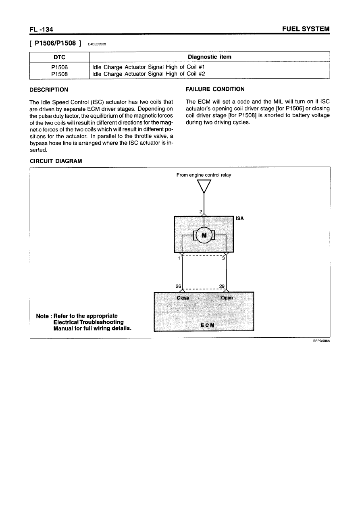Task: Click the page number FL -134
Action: coord(42,29)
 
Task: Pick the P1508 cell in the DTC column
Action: coord(59,74)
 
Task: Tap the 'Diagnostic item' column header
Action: coord(209,57)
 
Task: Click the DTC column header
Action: coord(59,57)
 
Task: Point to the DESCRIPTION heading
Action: coord(49,89)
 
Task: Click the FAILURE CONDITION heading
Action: coord(214,89)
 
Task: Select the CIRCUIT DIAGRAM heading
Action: coord(56,161)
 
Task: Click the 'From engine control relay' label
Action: coord(204,175)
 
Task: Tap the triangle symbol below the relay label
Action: coord(204,186)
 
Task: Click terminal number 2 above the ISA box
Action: coord(201,212)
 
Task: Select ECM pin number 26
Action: coord(178,286)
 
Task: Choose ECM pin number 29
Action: coord(221,286)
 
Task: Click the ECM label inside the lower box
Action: coord(204,325)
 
